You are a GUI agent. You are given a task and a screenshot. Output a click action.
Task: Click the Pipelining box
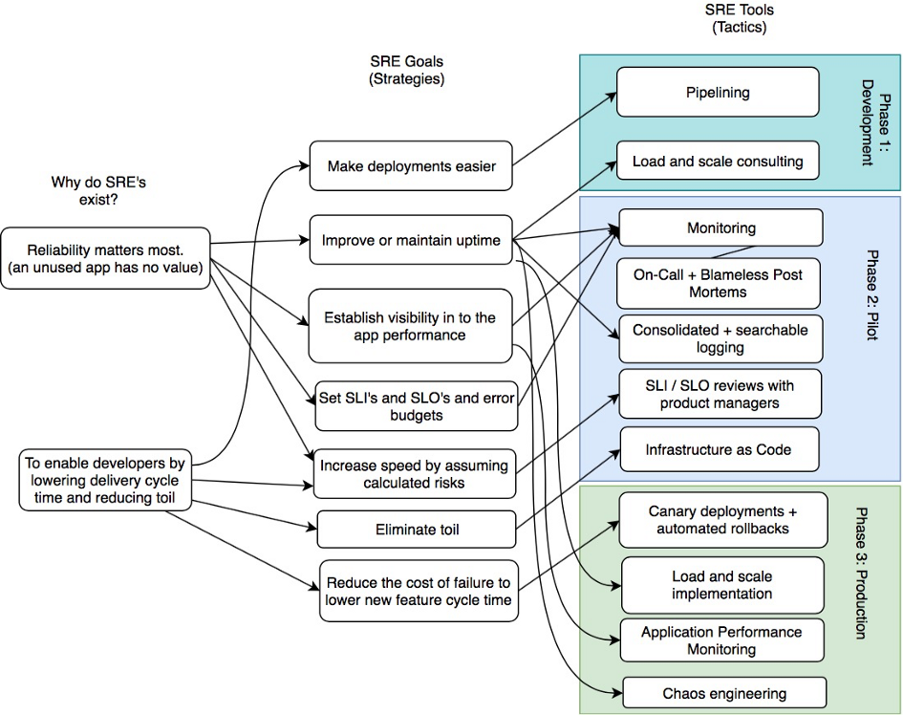coord(718,93)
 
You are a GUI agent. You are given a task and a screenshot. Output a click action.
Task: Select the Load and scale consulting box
coord(718,162)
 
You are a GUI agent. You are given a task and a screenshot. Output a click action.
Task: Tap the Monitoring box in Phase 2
coord(720,228)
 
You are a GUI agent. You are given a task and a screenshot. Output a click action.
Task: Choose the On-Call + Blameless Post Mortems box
coord(718,283)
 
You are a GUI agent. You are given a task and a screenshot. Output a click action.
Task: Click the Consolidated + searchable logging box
coord(720,338)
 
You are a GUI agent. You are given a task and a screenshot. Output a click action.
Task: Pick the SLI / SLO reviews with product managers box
coord(720,394)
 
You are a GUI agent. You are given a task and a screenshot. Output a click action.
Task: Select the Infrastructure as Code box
coord(719,449)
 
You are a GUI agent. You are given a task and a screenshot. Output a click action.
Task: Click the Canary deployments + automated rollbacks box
coord(721,521)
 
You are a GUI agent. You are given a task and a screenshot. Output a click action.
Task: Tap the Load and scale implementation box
coord(721,585)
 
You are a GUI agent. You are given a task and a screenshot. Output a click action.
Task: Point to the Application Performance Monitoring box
coord(721,640)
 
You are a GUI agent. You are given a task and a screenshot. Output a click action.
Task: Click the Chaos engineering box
coord(723,693)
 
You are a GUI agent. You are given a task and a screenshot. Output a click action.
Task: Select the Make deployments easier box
coord(411,166)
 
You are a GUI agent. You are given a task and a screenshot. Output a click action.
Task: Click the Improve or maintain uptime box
coord(411,240)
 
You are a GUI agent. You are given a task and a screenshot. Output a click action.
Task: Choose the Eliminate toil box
coord(416,529)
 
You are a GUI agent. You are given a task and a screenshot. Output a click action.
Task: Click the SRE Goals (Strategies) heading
coord(406,71)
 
